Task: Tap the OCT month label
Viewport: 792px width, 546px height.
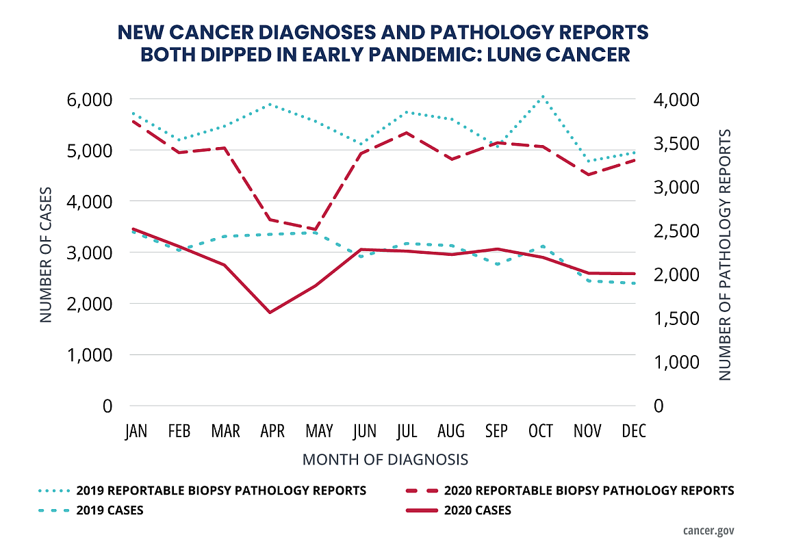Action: click(x=541, y=430)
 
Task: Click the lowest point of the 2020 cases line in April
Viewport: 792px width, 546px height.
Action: click(x=270, y=313)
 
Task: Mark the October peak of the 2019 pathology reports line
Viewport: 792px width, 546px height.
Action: click(x=542, y=96)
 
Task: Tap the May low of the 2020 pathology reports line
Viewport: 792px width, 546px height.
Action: click(x=316, y=230)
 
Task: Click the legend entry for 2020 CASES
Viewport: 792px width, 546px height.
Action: click(x=477, y=510)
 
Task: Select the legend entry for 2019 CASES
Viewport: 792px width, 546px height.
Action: click(x=110, y=510)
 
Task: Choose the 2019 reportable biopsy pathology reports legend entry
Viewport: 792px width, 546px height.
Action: click(x=220, y=491)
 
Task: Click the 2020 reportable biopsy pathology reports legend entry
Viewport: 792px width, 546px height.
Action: click(x=589, y=491)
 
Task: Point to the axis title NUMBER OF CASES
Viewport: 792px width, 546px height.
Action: click(x=45, y=253)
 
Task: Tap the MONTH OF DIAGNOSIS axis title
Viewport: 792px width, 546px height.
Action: click(x=385, y=459)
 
